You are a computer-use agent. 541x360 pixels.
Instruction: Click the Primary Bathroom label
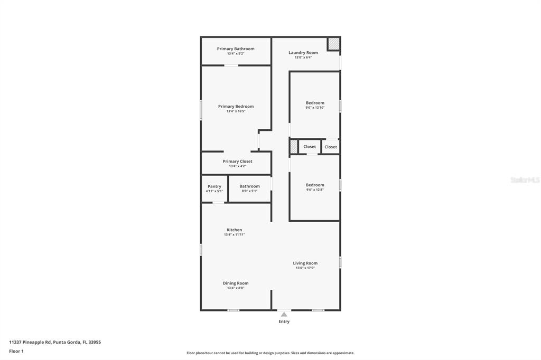(x=236, y=49)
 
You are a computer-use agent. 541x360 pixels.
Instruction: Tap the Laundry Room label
(x=303, y=52)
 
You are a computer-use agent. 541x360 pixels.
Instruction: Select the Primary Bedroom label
(x=236, y=106)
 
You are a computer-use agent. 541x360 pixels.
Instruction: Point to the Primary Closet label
(x=237, y=161)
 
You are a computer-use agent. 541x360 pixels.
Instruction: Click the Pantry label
(x=214, y=186)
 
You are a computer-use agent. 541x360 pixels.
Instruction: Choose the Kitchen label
(x=235, y=230)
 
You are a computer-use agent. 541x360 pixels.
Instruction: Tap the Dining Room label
(x=236, y=283)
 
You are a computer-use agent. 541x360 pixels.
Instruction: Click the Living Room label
(x=305, y=263)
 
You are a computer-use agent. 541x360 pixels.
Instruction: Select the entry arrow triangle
(x=284, y=314)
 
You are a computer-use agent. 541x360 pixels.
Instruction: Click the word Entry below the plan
(x=284, y=321)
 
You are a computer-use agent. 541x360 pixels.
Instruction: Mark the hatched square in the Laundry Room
(x=333, y=43)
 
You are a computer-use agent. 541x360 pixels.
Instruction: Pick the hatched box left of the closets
(x=294, y=147)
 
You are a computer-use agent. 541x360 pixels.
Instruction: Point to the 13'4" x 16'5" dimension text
(x=236, y=111)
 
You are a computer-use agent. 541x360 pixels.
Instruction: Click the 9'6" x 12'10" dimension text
(x=315, y=108)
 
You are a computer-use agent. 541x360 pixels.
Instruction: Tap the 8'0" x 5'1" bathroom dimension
(x=249, y=191)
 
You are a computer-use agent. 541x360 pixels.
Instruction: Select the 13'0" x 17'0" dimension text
(x=305, y=268)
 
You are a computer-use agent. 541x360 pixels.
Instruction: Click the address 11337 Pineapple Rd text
(x=55, y=342)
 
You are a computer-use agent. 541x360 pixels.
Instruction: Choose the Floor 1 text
(x=16, y=351)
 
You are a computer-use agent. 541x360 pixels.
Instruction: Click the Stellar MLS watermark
(x=525, y=180)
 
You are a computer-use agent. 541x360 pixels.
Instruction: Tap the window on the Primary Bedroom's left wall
(x=201, y=110)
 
